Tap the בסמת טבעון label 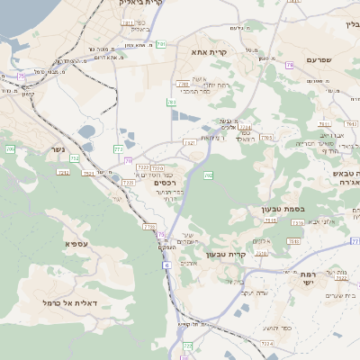click(286, 209)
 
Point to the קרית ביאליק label click(147, 4)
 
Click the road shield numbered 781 click(161, 43)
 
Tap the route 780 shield click(172, 103)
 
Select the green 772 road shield click(119, 148)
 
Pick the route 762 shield click(209, 175)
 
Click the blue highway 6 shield click(166, 265)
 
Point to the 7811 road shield click(127, 22)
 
